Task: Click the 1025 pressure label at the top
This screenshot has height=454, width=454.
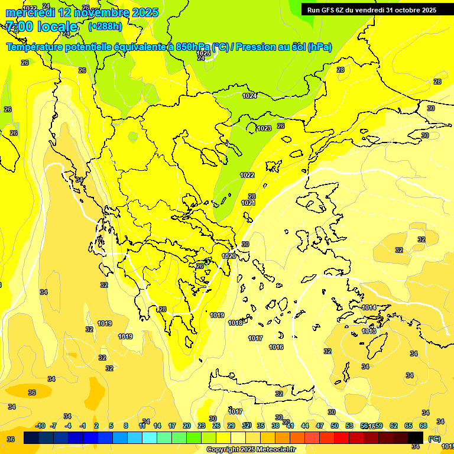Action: [x=203, y=53]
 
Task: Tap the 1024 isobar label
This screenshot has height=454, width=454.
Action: [x=249, y=96]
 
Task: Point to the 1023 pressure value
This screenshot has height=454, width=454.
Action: [x=264, y=128]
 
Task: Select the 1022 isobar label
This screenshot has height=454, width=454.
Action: [x=247, y=175]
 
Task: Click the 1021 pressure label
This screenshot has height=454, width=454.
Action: [x=248, y=203]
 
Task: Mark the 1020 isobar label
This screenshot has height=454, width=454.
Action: [x=229, y=256]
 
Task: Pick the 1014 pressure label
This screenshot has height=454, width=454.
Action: [x=369, y=307]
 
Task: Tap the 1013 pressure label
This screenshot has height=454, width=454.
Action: [x=369, y=331]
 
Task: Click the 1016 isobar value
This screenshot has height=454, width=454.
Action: [x=276, y=347]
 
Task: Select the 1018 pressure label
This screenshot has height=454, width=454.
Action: [x=235, y=323]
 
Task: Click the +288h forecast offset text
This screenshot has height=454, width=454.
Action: [x=105, y=27]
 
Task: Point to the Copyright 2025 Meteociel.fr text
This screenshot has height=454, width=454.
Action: [x=251, y=449]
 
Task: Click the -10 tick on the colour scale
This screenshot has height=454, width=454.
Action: [x=40, y=426]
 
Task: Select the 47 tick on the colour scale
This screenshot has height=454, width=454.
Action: [x=320, y=426]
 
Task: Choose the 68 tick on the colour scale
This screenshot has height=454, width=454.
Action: [x=423, y=426]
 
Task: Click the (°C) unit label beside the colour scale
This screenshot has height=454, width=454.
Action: [x=434, y=439]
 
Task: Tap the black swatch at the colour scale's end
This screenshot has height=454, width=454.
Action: [x=416, y=437]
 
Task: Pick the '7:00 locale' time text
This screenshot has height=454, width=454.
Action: [x=41, y=27]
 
